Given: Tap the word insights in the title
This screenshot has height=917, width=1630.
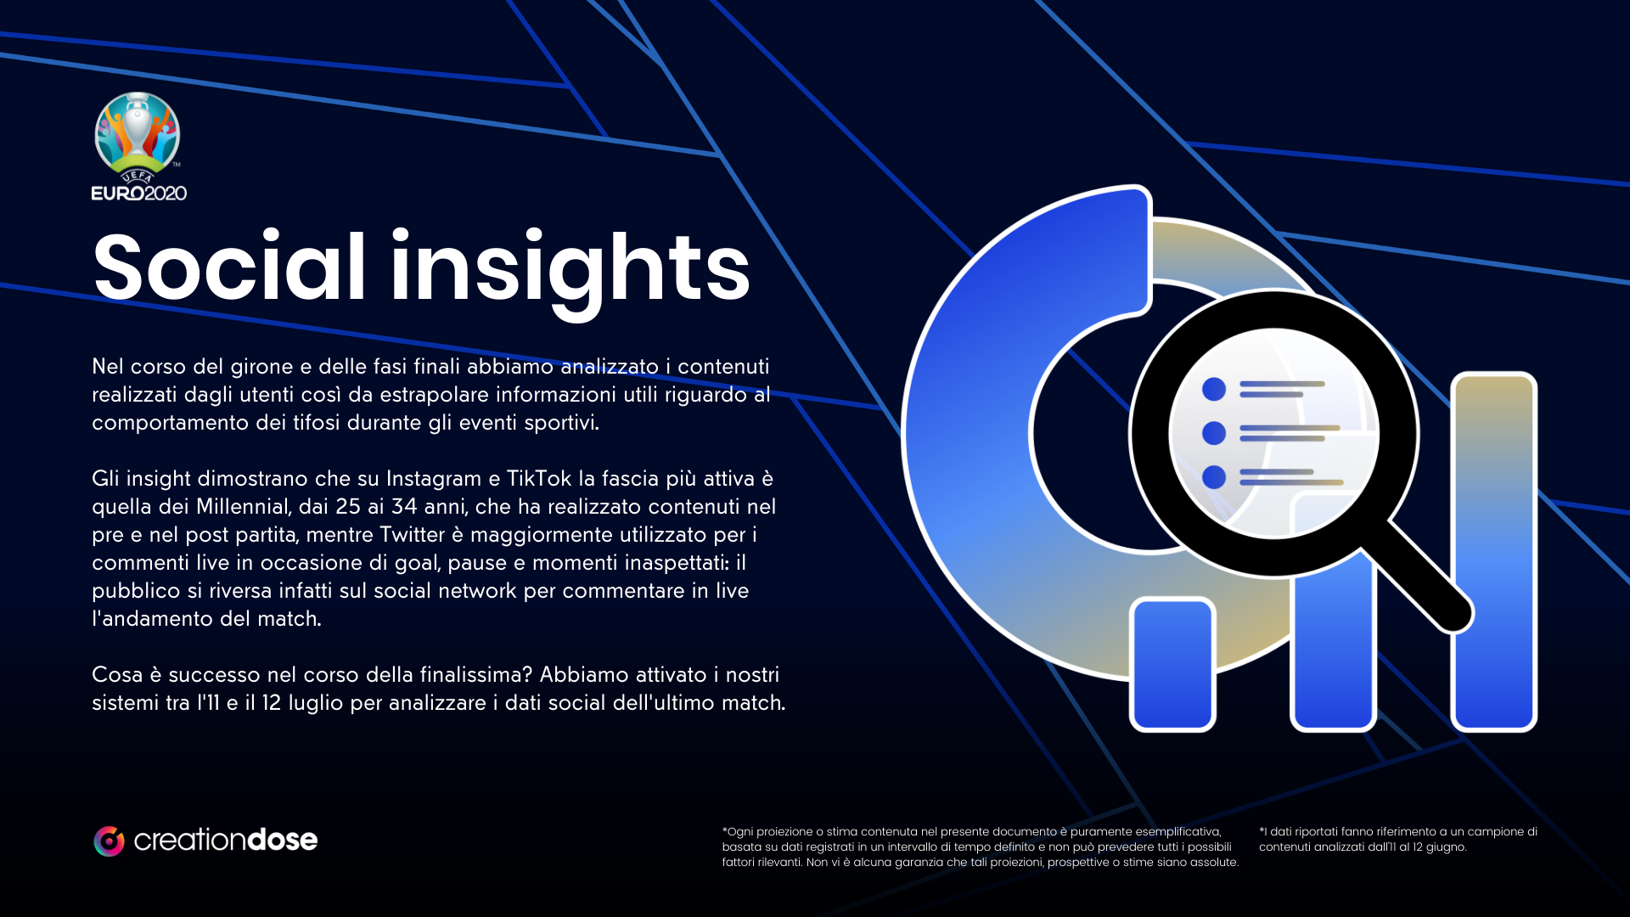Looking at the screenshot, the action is point(570,273).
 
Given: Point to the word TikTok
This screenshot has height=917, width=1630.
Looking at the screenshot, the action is point(539,479).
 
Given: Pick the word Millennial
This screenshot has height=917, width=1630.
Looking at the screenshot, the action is point(244,507).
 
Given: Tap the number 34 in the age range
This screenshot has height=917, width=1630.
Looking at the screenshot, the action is point(404,507).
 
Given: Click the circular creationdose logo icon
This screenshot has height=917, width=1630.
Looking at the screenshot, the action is point(109,841).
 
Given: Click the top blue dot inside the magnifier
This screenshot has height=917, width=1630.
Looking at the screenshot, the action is point(1214,389).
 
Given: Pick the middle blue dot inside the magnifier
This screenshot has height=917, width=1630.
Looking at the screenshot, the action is point(1214,433).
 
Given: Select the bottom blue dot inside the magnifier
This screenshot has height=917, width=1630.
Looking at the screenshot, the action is point(1214,477).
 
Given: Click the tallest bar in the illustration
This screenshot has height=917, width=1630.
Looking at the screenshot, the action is point(1494,552).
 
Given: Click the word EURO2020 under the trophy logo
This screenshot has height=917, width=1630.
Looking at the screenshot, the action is point(139,194).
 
